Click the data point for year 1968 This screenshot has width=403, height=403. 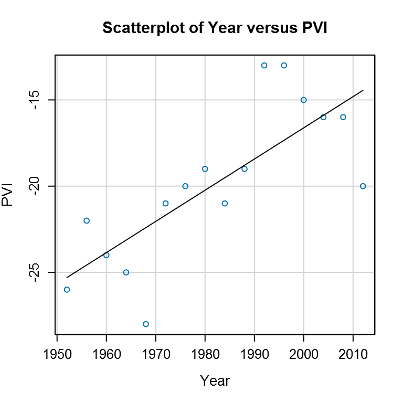pyautogui.click(x=146, y=324)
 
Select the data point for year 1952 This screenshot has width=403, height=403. pyautogui.click(x=67, y=289)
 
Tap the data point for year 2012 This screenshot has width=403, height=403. pyautogui.click(x=363, y=186)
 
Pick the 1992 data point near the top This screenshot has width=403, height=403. pyautogui.click(x=264, y=65)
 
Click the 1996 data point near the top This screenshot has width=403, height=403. pyautogui.click(x=284, y=65)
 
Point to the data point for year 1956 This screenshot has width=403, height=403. pyautogui.click(x=87, y=220)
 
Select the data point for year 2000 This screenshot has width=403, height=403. pyautogui.click(x=303, y=100)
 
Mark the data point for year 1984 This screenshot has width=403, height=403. pyautogui.click(x=225, y=203)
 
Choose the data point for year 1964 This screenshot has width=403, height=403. pyautogui.click(x=126, y=272)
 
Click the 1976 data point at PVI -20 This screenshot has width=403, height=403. pyautogui.click(x=185, y=186)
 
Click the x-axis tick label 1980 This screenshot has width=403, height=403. pyautogui.click(x=205, y=351)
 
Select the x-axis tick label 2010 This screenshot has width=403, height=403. pyautogui.click(x=353, y=351)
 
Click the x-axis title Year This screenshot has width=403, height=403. pyautogui.click(x=215, y=380)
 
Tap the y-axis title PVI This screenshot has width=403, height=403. pyautogui.click(x=8, y=195)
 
